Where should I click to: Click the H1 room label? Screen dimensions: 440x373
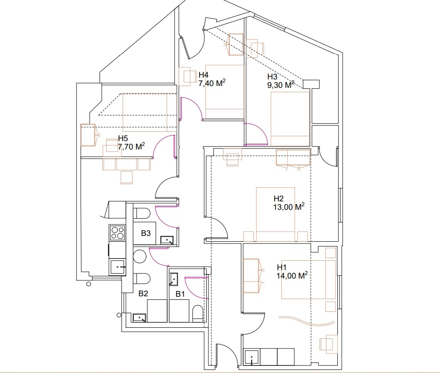[281, 267]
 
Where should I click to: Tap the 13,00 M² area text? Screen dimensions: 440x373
[289, 207]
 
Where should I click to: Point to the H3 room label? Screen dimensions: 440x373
[272, 76]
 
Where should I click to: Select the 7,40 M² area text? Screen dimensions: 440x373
[212, 83]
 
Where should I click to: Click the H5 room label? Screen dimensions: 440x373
[123, 138]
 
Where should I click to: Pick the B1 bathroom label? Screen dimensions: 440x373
[180, 294]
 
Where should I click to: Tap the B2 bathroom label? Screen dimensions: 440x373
[143, 294]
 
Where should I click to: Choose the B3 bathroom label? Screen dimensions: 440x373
[146, 233]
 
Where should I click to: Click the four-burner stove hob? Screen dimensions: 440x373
[117, 233]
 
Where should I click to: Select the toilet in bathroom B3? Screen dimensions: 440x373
[141, 213]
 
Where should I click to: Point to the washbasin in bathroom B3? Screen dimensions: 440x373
[167, 240]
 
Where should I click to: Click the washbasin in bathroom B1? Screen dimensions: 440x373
[174, 279]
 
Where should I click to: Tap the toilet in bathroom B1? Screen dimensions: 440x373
[197, 314]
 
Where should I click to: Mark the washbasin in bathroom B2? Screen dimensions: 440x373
[140, 318]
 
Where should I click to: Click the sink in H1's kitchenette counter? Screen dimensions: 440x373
[252, 357]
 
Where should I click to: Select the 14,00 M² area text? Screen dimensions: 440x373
[292, 275]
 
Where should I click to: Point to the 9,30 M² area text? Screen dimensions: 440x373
[281, 85]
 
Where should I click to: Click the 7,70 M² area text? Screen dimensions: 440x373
[131, 146]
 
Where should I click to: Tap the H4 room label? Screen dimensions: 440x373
[204, 75]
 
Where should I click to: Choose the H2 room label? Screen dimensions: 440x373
[279, 199]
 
